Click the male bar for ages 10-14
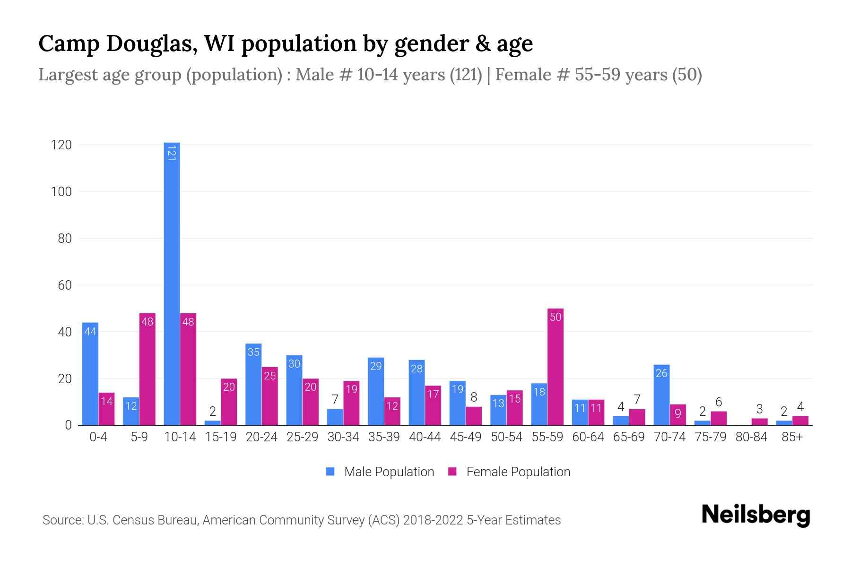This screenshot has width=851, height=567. [172, 283]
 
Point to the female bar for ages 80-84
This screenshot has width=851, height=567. [759, 421]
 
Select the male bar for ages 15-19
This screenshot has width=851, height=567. [213, 423]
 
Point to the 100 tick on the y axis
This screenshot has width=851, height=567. [61, 192]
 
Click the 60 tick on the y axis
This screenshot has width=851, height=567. [64, 285]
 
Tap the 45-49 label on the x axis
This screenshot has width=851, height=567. [466, 437]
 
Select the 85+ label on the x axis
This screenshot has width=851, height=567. [792, 437]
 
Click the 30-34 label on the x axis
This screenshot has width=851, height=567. [343, 437]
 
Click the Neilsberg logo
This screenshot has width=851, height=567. [755, 515]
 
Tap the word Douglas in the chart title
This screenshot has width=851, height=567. [148, 43]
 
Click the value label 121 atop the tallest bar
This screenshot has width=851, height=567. [172, 153]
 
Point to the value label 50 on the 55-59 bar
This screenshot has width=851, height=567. [556, 317]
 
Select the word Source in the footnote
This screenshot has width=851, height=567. [62, 520]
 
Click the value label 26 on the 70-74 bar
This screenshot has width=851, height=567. [661, 373]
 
